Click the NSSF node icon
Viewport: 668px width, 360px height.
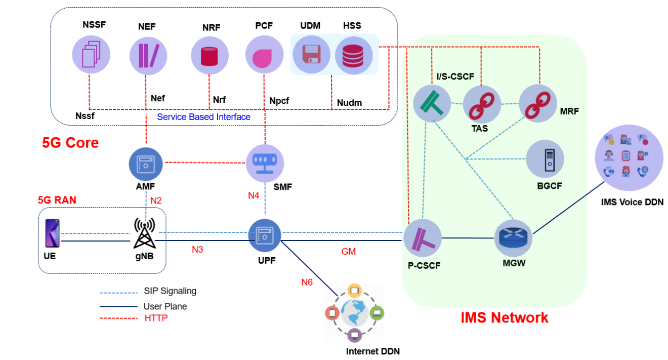click(90, 54)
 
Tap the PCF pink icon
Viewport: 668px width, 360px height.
click(264, 55)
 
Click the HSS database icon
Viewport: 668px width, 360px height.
click(353, 55)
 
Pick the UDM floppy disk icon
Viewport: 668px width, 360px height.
click(310, 55)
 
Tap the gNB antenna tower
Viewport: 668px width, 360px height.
click(144, 233)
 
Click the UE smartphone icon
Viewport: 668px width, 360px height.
click(52, 233)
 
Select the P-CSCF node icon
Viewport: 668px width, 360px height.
click(423, 238)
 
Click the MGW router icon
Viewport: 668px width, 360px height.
click(513, 237)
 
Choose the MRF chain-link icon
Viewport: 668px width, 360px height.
click(538, 103)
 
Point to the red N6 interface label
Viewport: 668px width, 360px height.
click(307, 282)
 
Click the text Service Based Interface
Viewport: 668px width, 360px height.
click(203, 117)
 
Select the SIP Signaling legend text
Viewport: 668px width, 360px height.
click(170, 291)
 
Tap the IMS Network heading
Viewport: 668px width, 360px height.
click(504, 317)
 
